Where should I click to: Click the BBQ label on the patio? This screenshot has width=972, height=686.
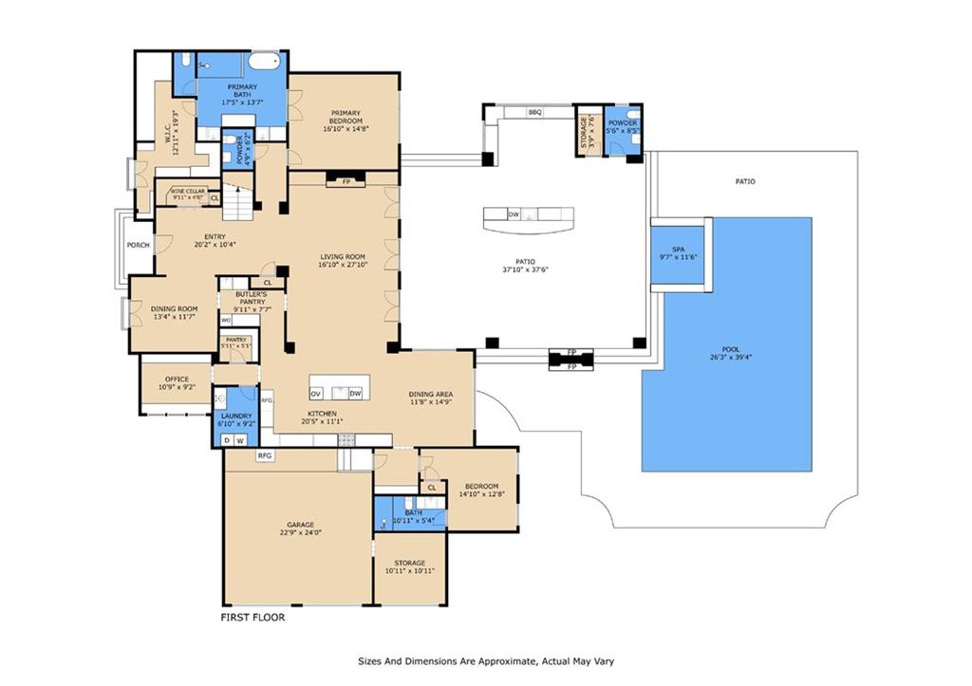(534, 112)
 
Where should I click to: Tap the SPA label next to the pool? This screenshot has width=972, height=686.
(678, 250)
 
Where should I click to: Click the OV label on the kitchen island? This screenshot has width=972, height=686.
(316, 393)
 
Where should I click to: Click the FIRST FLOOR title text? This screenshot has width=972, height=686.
(252, 617)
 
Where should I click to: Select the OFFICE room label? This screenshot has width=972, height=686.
(176, 380)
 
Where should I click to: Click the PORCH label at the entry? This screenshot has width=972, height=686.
(139, 245)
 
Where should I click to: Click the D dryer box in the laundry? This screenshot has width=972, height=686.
(227, 440)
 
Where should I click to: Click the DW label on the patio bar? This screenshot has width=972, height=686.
(514, 214)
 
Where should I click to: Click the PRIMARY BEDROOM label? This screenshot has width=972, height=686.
(344, 117)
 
